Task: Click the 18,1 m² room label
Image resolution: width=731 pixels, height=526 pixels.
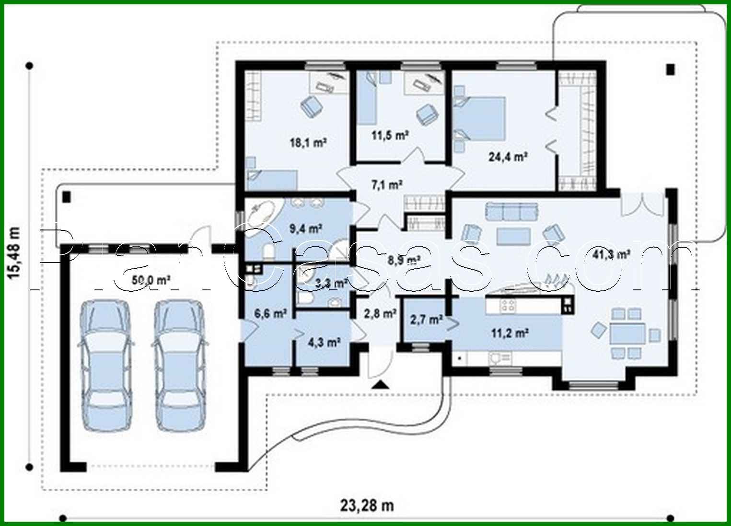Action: pyautogui.click(x=308, y=142)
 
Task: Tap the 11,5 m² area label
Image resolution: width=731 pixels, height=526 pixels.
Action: pyautogui.click(x=390, y=135)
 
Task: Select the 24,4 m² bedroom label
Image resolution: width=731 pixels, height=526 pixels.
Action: pyautogui.click(x=508, y=156)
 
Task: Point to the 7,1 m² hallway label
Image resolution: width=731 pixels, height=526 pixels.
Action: pyautogui.click(x=386, y=184)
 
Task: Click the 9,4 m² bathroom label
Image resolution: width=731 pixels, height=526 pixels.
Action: pyautogui.click(x=305, y=228)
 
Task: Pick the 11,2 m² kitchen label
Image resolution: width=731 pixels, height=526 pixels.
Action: pyautogui.click(x=509, y=332)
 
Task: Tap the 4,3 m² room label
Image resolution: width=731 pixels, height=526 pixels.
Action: pyautogui.click(x=324, y=342)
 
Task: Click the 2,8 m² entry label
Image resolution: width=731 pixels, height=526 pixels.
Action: pyautogui.click(x=380, y=314)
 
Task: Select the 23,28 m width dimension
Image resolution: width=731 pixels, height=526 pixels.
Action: pyautogui.click(x=367, y=505)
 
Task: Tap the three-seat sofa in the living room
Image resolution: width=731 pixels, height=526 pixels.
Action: pyautogui.click(x=511, y=210)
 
